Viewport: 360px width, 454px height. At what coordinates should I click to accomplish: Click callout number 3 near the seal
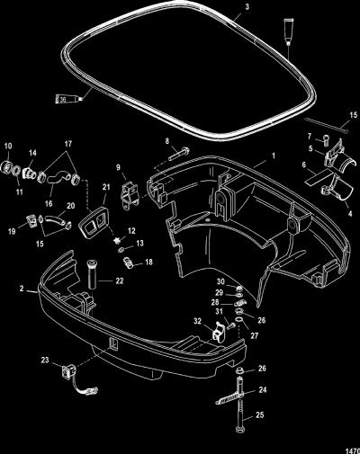pos(247,6)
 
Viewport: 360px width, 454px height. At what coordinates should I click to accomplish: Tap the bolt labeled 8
pos(179,153)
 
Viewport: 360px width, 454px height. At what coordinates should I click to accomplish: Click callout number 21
pos(106,187)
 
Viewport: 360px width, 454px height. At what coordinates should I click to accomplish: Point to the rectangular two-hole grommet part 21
pos(94,222)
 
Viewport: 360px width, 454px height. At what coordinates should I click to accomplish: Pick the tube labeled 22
pos(92,275)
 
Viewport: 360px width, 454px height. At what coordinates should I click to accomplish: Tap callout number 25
pos(260,414)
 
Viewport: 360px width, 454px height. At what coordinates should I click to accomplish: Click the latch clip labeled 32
pos(219,332)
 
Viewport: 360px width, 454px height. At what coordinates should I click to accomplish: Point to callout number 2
pos(22,289)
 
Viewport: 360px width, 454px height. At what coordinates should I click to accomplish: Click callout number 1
pos(274,156)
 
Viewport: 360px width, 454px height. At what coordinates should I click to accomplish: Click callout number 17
pos(68,144)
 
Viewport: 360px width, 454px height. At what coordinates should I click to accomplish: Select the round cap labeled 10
pos(7,166)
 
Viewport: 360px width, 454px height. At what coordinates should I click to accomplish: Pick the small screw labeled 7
pos(325,140)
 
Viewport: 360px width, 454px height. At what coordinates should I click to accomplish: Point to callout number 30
pos(220,281)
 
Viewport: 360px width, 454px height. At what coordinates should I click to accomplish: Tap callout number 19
pos(12,232)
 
